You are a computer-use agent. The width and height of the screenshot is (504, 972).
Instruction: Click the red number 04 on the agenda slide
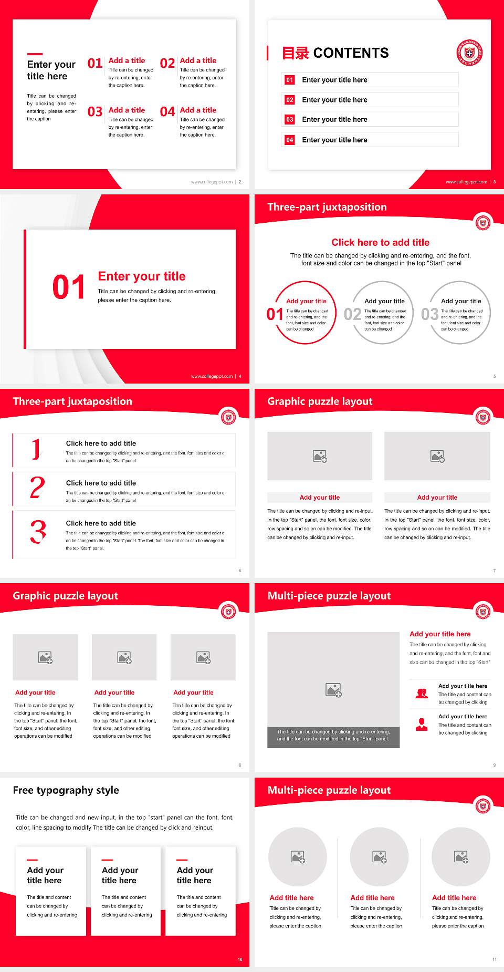167,112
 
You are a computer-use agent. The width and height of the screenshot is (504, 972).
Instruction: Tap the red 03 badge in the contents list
290,120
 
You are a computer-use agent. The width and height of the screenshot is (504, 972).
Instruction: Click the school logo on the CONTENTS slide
469,53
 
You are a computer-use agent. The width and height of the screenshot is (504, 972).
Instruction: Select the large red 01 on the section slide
68,287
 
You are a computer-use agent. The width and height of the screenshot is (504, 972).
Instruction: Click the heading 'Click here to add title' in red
380,242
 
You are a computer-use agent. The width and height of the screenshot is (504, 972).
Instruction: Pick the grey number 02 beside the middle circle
352,314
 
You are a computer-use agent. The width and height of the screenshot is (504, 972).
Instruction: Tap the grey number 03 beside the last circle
429,314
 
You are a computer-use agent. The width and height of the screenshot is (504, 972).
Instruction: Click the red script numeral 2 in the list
37,488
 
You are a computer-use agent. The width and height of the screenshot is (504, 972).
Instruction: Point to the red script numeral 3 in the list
38,532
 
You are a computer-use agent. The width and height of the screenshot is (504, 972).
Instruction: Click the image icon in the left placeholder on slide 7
320,456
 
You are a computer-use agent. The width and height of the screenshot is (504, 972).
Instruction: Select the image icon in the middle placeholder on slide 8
124,657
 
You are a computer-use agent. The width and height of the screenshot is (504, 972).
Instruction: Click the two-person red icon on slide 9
422,694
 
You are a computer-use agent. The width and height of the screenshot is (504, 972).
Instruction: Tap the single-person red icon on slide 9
422,725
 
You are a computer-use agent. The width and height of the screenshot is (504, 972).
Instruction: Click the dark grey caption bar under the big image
333,735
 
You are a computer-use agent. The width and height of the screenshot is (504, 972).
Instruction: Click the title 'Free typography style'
66,790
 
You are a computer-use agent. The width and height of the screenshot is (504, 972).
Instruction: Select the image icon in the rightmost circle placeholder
461,857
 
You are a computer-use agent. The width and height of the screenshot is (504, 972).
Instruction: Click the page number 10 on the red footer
240,959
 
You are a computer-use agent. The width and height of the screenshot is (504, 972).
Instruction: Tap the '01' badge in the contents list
290,80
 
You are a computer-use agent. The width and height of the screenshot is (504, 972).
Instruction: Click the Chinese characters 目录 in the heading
295,53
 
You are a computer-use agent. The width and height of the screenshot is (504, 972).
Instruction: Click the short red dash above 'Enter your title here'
35,54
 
